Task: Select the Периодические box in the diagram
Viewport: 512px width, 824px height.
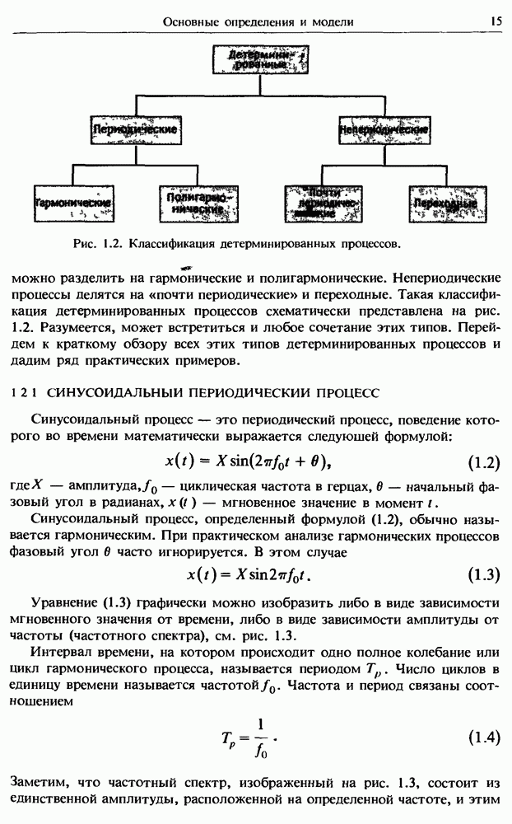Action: click(x=136, y=130)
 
